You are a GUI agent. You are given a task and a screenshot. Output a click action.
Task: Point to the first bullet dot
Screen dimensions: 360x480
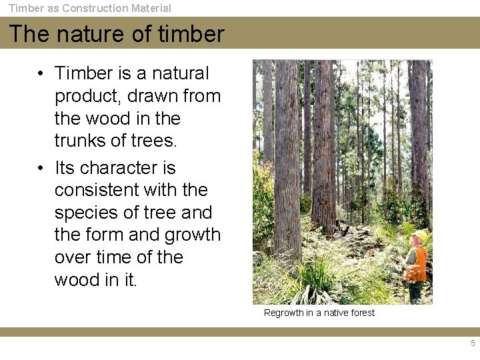[x=41, y=73]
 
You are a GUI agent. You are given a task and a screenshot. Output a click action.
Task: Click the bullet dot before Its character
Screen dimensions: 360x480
[x=41, y=167]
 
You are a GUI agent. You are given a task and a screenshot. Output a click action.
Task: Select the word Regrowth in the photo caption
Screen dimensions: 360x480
[x=283, y=313]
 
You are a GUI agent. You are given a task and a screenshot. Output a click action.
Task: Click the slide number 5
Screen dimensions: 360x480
[x=473, y=343]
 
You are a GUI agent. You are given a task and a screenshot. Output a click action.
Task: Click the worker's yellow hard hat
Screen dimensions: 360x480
[x=420, y=236]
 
